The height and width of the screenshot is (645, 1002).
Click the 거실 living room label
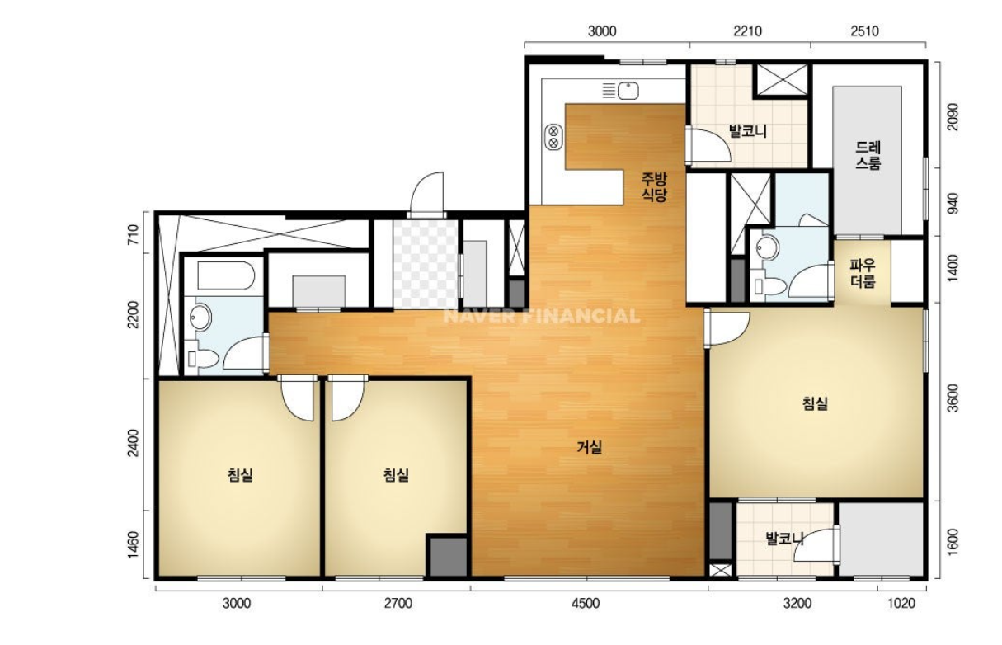(x=589, y=447)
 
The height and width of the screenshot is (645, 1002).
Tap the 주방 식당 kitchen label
(x=654, y=187)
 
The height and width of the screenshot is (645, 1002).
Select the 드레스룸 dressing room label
(x=868, y=155)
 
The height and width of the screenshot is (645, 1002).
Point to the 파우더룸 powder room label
(x=863, y=274)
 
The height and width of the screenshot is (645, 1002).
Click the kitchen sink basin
(x=628, y=91)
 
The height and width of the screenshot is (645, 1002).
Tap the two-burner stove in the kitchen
(x=553, y=137)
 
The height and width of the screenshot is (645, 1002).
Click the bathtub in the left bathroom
(x=226, y=275)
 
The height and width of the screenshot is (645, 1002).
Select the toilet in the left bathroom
(x=203, y=359)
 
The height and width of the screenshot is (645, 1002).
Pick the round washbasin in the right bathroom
(x=767, y=247)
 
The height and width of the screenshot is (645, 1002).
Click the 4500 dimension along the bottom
(x=586, y=604)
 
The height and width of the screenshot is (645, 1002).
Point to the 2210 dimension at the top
(x=747, y=31)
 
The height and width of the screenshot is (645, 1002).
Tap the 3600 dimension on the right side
(x=953, y=398)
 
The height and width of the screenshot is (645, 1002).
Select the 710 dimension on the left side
(x=133, y=234)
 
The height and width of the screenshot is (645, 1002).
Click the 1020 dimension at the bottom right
(x=901, y=604)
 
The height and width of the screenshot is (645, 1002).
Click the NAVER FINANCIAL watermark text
(x=541, y=316)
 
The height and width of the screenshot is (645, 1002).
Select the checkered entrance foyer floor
(x=426, y=264)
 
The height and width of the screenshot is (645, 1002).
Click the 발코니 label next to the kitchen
(x=748, y=131)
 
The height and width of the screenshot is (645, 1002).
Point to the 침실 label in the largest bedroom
(x=815, y=403)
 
